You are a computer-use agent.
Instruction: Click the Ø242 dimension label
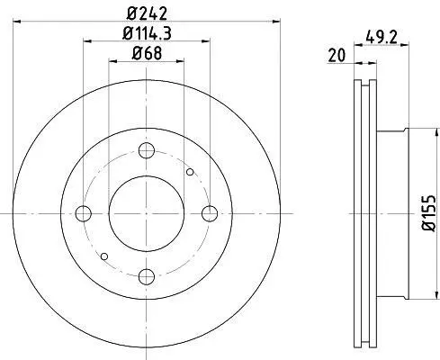147,13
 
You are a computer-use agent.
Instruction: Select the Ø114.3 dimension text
147,33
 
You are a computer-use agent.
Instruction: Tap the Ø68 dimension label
147,54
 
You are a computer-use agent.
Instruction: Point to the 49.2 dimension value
382,38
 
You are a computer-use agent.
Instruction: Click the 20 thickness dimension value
337,56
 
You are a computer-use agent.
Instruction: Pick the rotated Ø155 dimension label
428,213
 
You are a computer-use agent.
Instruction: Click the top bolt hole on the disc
147,150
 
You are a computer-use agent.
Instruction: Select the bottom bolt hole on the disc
147,276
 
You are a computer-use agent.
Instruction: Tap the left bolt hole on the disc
83,213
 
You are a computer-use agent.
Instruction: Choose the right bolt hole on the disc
210,213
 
